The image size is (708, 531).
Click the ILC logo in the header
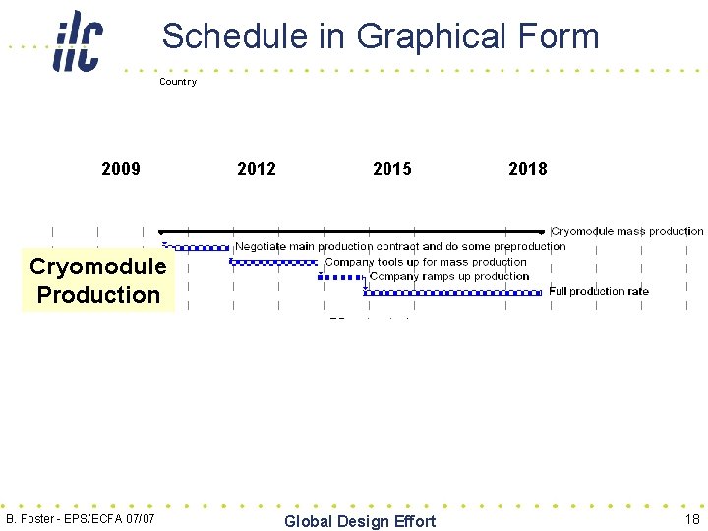tap(78, 40)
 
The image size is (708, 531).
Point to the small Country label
tap(178, 82)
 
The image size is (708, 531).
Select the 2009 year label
tap(121, 169)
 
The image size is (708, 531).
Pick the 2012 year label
tap(257, 169)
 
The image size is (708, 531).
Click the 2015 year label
tap(392, 169)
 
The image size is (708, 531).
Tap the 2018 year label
tap(528, 169)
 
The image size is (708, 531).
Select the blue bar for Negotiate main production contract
tap(197, 247)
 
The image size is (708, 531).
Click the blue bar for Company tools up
tap(273, 262)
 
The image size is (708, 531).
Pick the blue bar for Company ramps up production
tap(342, 277)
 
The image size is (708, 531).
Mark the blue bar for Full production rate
tap(453, 292)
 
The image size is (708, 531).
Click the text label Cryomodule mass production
tap(627, 231)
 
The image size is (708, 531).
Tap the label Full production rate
tap(599, 291)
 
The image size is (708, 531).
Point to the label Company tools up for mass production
tap(426, 262)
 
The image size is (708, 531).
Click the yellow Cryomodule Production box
tap(98, 281)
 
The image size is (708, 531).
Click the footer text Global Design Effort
tap(359, 521)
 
